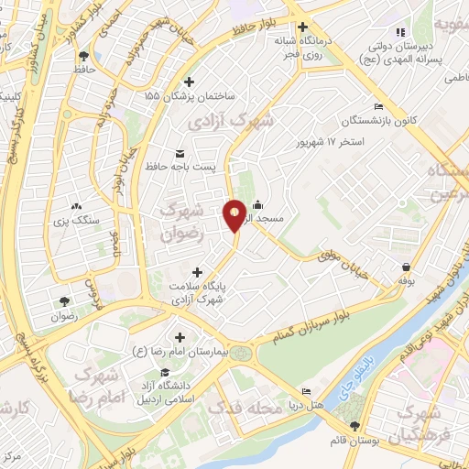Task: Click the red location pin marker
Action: click(235, 214)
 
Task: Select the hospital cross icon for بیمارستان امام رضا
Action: click(179, 338)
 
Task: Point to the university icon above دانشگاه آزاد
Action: click(164, 372)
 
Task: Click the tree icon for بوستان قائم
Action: click(354, 424)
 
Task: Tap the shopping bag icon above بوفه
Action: click(405, 267)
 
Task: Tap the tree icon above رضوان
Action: click(64, 301)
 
